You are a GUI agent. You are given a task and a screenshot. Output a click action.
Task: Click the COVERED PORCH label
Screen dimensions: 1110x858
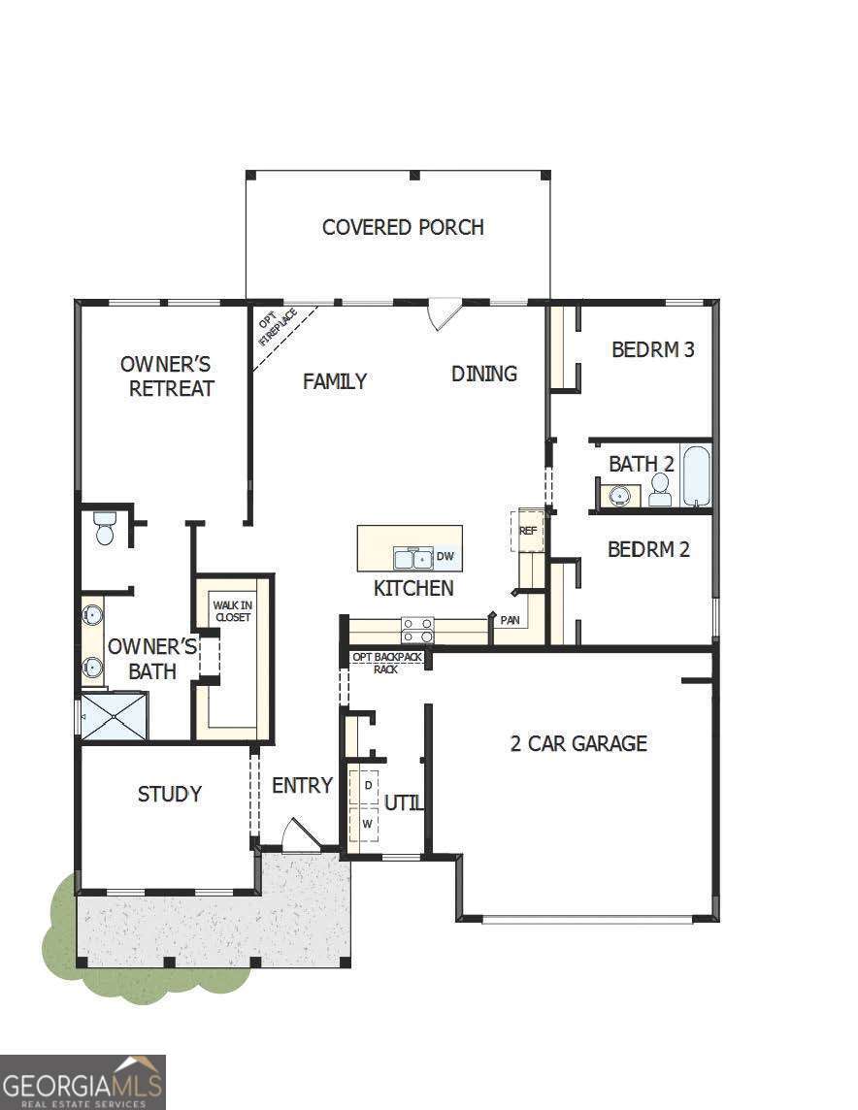(403, 227)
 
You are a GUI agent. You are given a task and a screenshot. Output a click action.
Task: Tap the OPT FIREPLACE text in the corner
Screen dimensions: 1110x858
(277, 328)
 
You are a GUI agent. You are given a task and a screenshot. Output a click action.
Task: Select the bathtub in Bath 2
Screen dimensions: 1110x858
(696, 475)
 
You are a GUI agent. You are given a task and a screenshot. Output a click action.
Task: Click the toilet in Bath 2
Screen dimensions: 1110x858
(660, 491)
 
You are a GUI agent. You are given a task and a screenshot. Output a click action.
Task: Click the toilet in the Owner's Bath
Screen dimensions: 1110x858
(105, 529)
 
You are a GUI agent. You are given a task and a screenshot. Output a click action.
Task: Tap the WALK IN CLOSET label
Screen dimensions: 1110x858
(232, 610)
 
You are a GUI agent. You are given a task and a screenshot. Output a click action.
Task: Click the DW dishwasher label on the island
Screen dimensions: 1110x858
(445, 556)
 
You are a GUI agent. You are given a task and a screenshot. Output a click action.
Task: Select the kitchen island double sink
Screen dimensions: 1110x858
(413, 558)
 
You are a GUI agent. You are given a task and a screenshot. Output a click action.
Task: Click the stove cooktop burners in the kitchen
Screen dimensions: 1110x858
(418, 630)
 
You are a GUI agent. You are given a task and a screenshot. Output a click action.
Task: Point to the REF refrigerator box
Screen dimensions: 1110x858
(528, 530)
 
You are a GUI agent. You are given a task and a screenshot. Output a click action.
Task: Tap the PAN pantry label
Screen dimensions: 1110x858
(510, 619)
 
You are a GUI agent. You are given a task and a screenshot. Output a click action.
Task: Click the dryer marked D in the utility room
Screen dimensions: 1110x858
(368, 784)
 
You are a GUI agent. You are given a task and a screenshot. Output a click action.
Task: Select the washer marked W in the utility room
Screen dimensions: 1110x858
(367, 824)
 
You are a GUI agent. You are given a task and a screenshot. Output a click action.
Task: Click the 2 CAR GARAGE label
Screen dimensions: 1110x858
(578, 743)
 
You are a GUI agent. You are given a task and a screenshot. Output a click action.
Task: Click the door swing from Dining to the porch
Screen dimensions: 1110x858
(445, 313)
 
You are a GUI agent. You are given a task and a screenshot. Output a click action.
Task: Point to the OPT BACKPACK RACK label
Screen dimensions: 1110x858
(385, 663)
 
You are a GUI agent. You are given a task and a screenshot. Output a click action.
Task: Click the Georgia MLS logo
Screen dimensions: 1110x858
(82, 1082)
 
